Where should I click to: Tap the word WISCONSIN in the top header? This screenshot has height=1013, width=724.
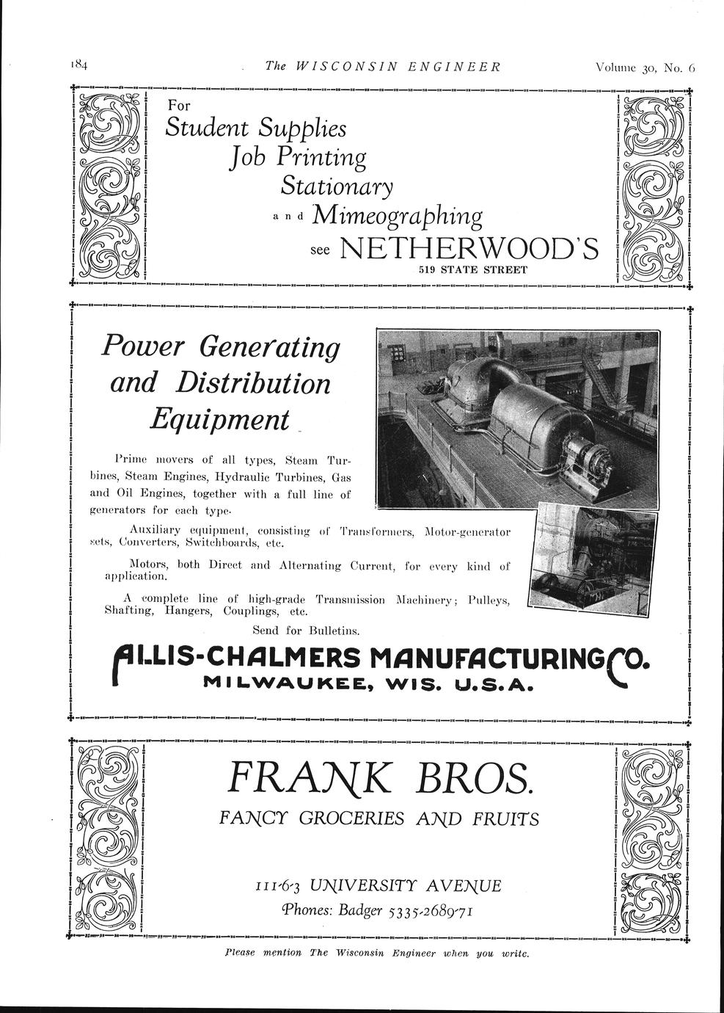point(346,66)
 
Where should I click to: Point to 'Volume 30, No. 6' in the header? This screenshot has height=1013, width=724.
point(645,68)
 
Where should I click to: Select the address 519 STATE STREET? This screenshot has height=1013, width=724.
point(473,269)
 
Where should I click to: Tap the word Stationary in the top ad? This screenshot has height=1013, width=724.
point(337,185)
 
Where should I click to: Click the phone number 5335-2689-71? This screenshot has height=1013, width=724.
point(431,911)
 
